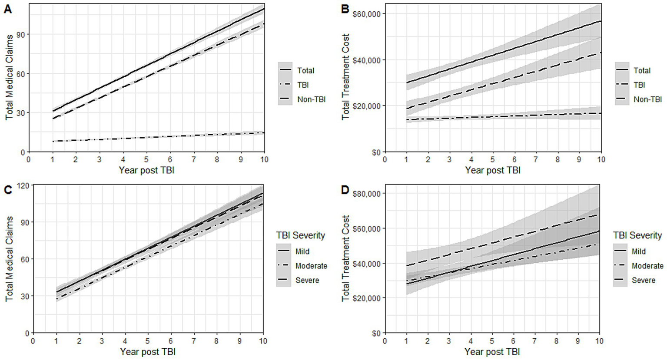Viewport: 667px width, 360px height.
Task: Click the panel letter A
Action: tap(8, 9)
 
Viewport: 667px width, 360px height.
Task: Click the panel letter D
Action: tap(345, 190)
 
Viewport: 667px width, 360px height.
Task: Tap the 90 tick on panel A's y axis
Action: tap(20, 34)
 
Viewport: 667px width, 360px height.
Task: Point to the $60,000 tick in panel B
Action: tap(367, 14)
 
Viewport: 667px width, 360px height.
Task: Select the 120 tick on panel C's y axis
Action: tap(22, 185)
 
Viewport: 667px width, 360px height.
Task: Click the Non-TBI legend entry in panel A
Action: tap(311, 99)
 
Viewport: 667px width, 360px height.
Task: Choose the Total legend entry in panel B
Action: tap(642, 70)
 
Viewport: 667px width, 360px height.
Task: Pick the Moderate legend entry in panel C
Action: tap(311, 266)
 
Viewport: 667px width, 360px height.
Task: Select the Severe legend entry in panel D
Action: tap(643, 280)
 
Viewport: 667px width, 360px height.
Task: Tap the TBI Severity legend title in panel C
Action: tap(300, 235)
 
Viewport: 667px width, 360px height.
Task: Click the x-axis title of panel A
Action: tap(146, 170)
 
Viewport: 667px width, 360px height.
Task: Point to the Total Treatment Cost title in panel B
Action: tap(345, 77)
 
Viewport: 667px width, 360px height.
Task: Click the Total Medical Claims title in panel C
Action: tap(9, 258)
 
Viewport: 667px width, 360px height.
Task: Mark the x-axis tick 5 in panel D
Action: tap(492, 341)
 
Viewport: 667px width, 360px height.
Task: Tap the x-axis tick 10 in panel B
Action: tap(601, 160)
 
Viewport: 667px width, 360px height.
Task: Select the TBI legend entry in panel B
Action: tap(639, 85)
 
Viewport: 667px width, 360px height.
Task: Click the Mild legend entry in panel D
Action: tap(638, 251)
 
